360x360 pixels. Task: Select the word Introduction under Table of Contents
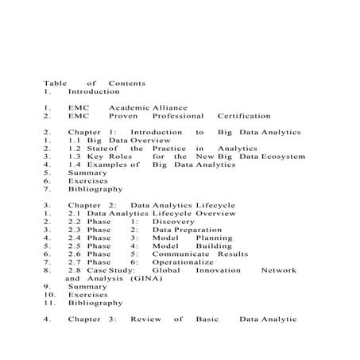click(94, 91)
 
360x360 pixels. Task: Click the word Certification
click(244, 115)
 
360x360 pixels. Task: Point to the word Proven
click(124, 115)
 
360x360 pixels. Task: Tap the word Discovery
click(172, 222)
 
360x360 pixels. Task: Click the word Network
click(278, 270)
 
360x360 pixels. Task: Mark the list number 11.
click(49, 303)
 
